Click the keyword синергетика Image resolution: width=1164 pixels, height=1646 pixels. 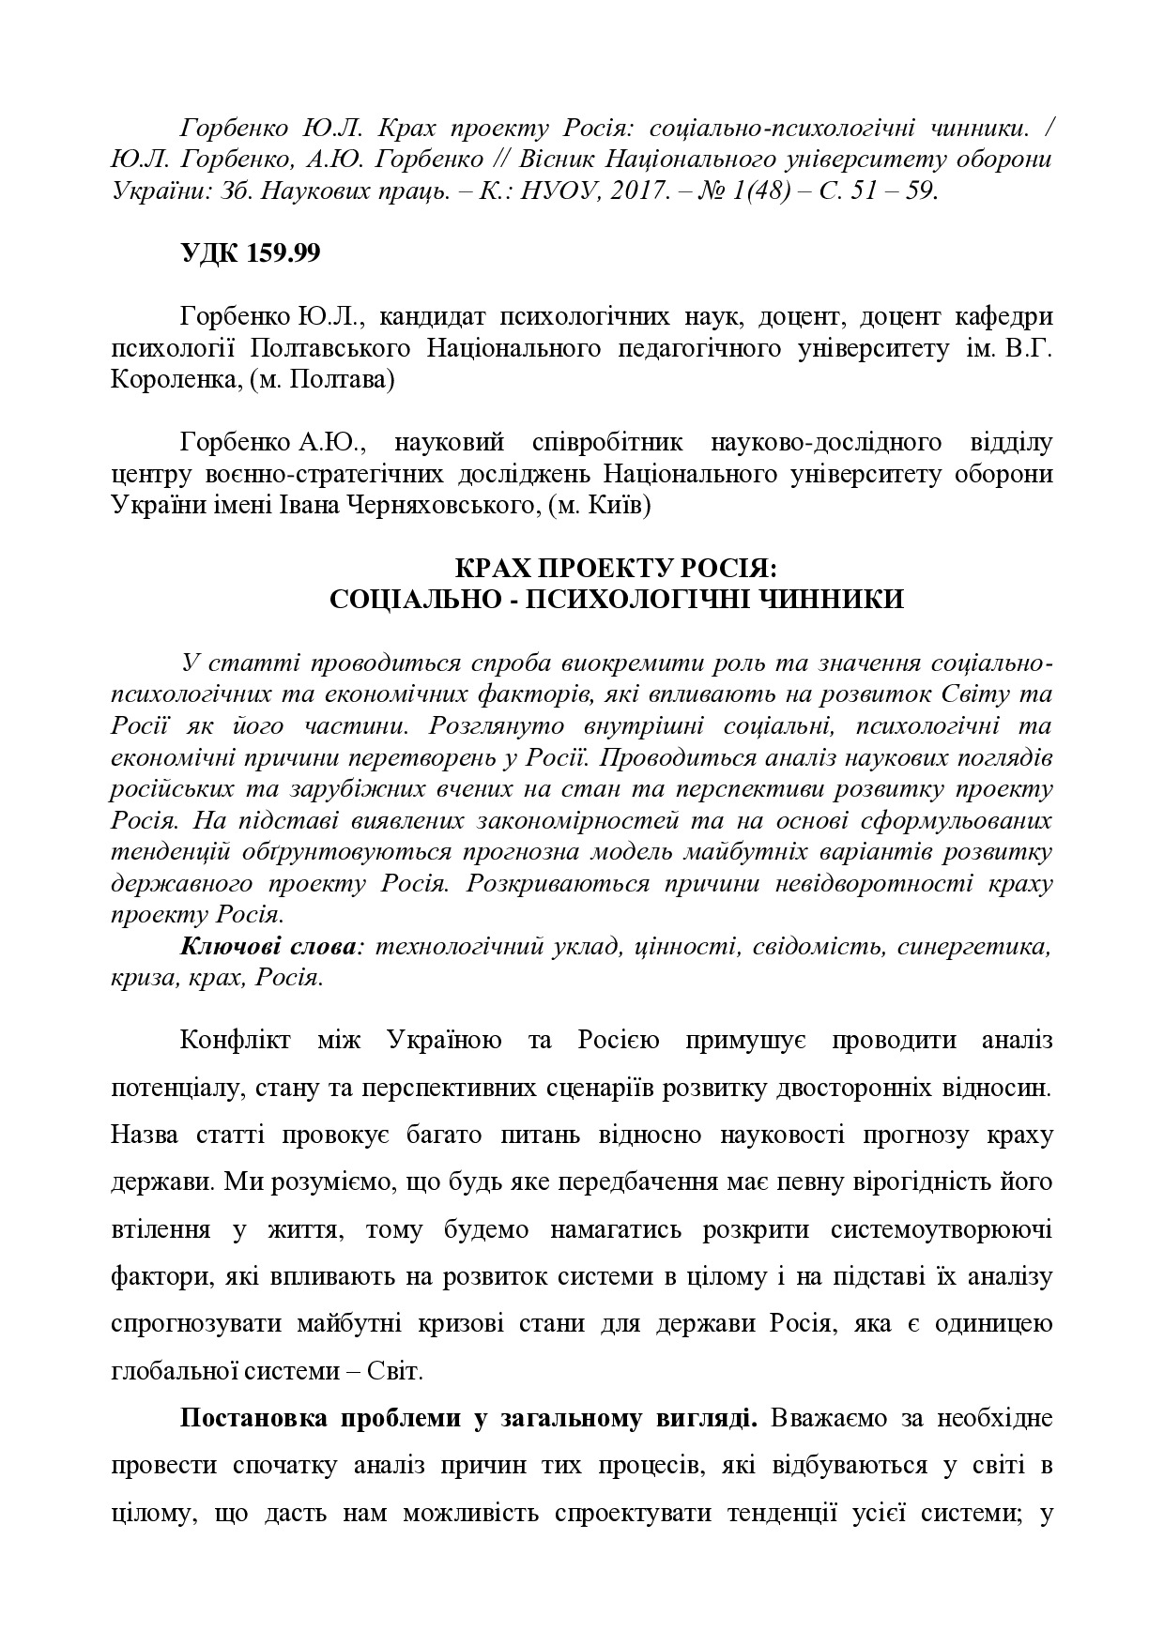point(973,946)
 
